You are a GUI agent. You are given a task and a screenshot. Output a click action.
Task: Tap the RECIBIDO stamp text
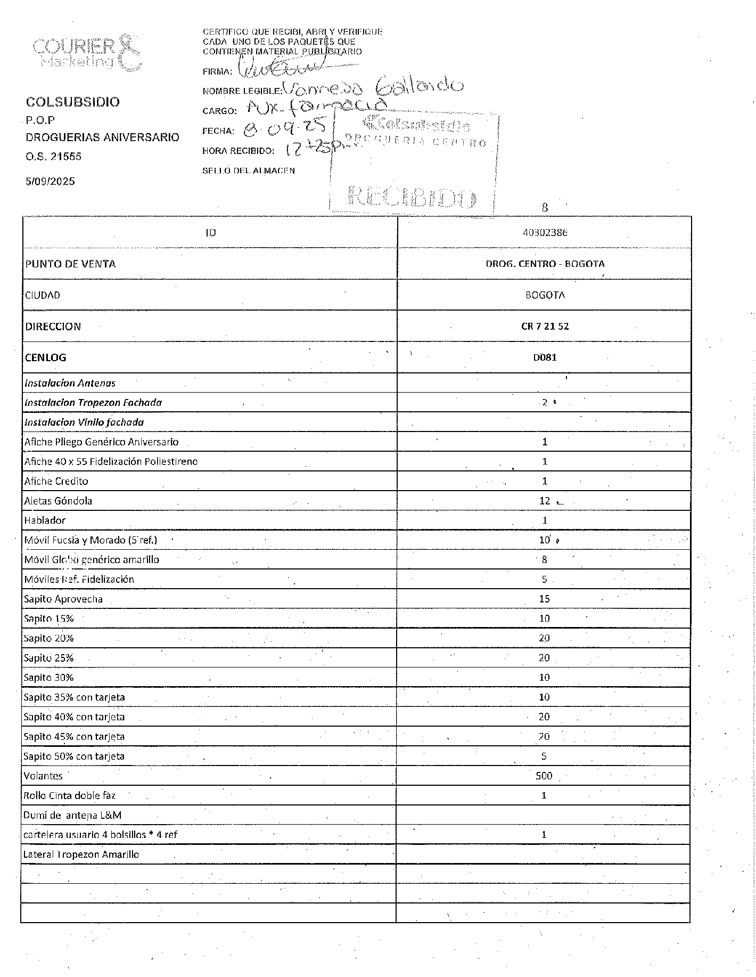click(x=412, y=197)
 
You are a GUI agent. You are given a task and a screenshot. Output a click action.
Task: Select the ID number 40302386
click(x=544, y=233)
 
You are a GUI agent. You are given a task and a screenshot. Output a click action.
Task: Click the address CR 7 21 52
click(x=544, y=327)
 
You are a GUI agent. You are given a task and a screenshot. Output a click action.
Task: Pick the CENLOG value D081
click(x=544, y=357)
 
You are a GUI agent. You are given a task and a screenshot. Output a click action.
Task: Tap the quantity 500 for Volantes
click(x=544, y=776)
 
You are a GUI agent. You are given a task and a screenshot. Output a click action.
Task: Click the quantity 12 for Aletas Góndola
click(x=544, y=501)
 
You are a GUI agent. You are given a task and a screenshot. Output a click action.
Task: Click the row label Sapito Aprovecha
click(x=63, y=599)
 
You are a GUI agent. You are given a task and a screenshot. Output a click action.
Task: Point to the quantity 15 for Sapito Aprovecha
click(x=544, y=599)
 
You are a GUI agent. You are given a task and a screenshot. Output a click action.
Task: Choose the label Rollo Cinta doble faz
click(x=69, y=796)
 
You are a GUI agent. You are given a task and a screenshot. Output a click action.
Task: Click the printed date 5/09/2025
click(x=51, y=181)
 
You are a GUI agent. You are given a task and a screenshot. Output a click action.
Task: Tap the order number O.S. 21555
click(x=54, y=157)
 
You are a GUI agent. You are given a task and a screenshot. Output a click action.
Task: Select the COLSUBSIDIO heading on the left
click(x=73, y=102)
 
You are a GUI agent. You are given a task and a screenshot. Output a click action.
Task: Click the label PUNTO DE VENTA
click(x=70, y=264)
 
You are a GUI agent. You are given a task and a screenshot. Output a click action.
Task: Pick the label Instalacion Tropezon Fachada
click(x=93, y=403)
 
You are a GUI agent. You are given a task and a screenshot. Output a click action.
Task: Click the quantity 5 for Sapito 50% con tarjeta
click(x=544, y=756)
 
